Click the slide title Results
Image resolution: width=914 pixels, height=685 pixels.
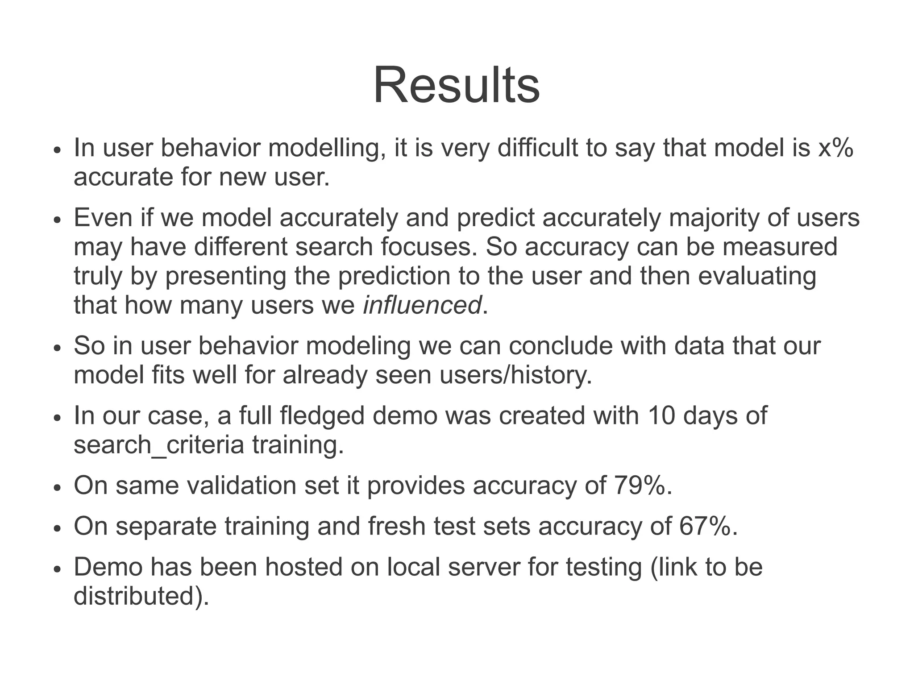click(x=456, y=85)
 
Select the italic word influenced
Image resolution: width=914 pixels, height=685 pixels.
click(x=422, y=306)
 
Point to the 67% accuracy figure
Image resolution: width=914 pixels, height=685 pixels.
click(x=705, y=526)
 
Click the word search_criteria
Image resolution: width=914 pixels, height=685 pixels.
click(x=159, y=445)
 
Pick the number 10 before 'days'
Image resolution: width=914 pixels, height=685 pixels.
click(x=661, y=415)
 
